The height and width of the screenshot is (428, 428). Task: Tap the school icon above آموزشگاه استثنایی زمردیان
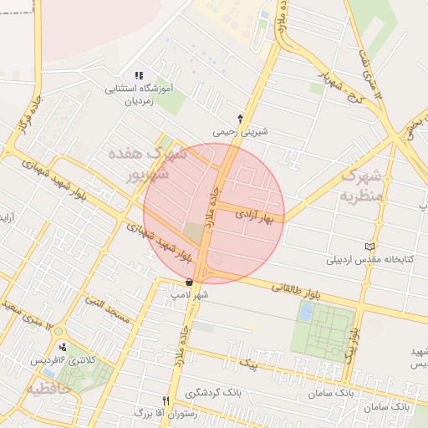139,75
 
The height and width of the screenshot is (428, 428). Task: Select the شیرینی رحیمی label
241,131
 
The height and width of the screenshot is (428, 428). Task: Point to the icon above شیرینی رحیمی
241,118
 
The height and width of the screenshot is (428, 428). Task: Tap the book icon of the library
371,247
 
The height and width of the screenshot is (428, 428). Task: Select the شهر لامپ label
190,295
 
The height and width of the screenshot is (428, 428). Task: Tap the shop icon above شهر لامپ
190,283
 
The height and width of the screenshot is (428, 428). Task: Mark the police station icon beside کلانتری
63,348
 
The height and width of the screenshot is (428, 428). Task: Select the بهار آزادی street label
258,215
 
